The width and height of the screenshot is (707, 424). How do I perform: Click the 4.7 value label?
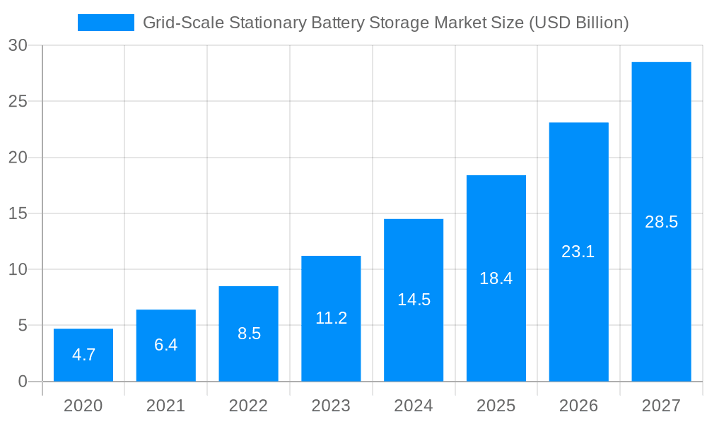click(83, 355)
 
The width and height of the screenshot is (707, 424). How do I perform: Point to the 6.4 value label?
click(166, 345)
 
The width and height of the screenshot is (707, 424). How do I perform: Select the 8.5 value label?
click(249, 334)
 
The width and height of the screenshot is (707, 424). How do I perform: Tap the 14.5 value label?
click(414, 300)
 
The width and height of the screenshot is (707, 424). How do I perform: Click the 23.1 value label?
click(578, 252)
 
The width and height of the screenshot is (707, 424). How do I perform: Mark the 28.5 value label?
click(661, 222)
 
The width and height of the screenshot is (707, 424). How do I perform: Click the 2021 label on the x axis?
click(166, 406)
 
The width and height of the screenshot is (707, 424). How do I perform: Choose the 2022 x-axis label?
click(249, 406)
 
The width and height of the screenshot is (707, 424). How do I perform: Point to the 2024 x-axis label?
click(414, 406)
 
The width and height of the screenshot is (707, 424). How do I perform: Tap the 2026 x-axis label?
click(578, 406)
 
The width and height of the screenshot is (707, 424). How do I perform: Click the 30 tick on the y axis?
click(18, 45)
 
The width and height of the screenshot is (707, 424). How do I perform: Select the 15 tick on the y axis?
click(18, 213)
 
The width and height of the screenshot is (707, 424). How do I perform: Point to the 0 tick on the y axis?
click(22, 382)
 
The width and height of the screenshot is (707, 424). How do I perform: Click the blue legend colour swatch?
click(105, 23)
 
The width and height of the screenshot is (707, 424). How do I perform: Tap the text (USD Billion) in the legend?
click(578, 23)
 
